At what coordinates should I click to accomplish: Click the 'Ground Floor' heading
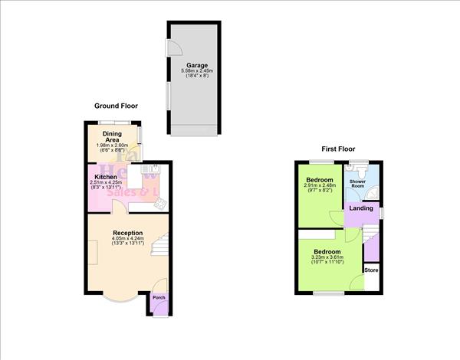(116, 106)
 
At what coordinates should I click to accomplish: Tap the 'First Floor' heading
(337, 149)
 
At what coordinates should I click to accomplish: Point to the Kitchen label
(105, 177)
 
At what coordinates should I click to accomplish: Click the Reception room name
(127, 232)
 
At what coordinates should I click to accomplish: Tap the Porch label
(158, 297)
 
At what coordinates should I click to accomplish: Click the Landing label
(361, 208)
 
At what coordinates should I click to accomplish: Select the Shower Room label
(357, 184)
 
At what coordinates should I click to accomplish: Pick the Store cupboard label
(371, 270)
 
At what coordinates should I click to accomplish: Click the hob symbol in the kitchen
(160, 205)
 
